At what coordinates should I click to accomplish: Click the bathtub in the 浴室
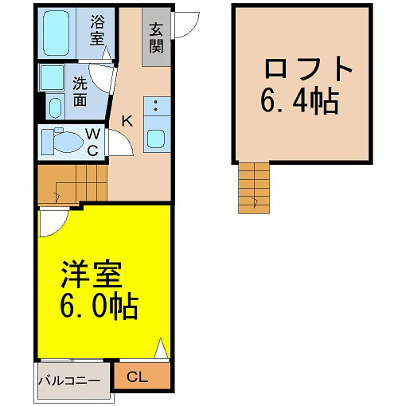(56, 33)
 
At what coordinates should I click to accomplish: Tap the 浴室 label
(97, 30)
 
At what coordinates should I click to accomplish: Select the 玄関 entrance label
(156, 38)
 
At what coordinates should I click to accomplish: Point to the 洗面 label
(80, 91)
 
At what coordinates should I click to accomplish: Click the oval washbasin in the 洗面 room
(56, 107)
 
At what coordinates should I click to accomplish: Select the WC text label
(92, 142)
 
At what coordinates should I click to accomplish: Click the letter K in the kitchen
(127, 121)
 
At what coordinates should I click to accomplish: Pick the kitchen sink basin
(156, 139)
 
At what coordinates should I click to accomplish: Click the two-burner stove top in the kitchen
(157, 106)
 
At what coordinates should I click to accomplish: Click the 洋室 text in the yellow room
(92, 275)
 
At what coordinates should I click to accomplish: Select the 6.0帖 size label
(100, 306)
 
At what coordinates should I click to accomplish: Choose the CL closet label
(137, 377)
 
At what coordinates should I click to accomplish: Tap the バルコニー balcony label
(69, 381)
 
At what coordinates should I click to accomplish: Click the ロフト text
(308, 68)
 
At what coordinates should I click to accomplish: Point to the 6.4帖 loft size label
(300, 101)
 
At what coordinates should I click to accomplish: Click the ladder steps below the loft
(254, 188)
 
